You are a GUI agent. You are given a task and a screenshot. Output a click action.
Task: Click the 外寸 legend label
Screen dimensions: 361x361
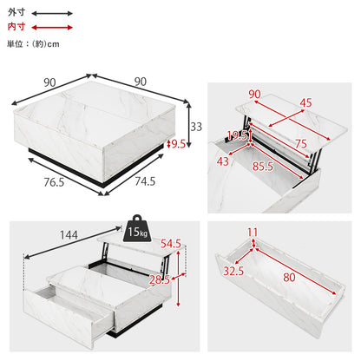(x=16, y=12)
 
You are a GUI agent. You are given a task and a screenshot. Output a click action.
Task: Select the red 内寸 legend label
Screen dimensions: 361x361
(x=16, y=27)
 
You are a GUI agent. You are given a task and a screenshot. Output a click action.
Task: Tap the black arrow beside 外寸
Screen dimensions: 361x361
(x=52, y=13)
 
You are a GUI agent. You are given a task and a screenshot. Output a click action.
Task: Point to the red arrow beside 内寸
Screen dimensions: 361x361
(x=52, y=28)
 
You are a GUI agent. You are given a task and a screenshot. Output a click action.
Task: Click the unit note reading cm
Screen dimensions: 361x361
(x=53, y=44)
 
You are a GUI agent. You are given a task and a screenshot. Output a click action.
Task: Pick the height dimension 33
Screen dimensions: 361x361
(x=196, y=127)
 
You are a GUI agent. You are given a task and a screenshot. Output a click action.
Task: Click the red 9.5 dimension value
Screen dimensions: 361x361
(x=179, y=144)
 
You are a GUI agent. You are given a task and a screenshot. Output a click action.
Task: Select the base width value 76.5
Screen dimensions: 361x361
(x=54, y=182)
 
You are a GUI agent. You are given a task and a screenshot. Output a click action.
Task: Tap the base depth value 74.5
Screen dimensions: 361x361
(x=145, y=181)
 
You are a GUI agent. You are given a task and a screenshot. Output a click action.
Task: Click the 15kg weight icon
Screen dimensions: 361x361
(x=137, y=228)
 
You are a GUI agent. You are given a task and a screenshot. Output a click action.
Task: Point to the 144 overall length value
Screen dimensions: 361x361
(x=69, y=235)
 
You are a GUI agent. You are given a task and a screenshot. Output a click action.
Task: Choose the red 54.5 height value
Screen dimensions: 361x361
(x=171, y=244)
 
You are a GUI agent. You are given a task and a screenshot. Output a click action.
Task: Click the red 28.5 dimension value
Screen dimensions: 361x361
(x=160, y=280)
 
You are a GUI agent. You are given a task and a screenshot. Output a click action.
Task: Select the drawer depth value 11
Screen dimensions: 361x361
(x=253, y=233)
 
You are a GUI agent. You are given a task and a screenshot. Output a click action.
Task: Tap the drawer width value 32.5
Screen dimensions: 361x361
(x=233, y=272)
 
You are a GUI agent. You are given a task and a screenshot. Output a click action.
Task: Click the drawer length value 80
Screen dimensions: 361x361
(x=289, y=278)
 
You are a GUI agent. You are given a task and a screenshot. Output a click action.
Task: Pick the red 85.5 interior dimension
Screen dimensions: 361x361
(x=263, y=167)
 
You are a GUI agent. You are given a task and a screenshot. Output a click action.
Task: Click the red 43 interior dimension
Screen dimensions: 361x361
(x=223, y=161)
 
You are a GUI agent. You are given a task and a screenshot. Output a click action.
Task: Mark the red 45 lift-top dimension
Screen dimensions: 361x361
(x=305, y=103)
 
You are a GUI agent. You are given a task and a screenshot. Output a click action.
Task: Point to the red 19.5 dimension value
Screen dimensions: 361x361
(x=237, y=135)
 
